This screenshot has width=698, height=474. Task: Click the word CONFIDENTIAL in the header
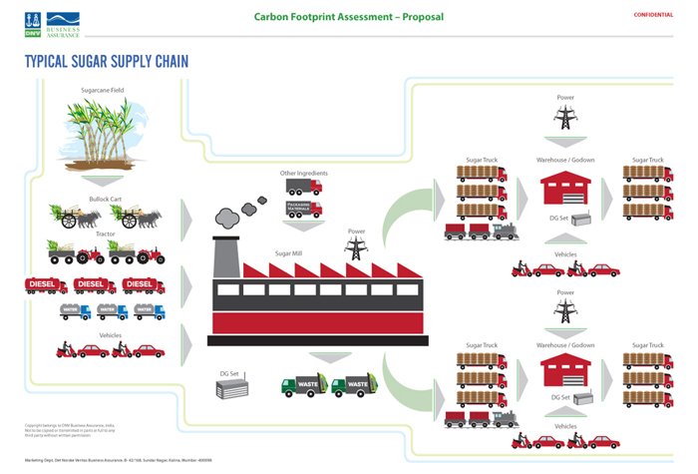(653, 15)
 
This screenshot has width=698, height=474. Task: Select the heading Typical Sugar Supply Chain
(106, 62)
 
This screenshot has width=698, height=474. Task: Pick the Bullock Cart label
(105, 199)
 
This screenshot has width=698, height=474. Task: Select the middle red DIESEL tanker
(95, 285)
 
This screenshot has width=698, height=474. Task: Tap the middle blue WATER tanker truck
(112, 312)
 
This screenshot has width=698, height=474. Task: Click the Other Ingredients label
(303, 174)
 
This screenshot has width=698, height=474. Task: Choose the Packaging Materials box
(303, 208)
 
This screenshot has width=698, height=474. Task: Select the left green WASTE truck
(301, 385)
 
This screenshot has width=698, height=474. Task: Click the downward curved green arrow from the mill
(404, 380)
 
